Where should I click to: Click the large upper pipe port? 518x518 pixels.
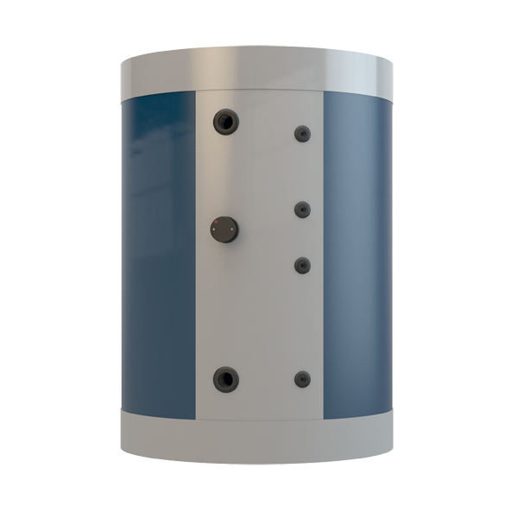click(226, 122)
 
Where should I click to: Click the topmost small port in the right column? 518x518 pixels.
click(302, 134)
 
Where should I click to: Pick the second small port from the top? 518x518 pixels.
click(302, 209)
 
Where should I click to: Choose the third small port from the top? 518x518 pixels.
click(302, 265)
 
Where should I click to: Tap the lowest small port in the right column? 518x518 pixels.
click(302, 378)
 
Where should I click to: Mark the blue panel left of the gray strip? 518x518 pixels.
click(160, 250)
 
